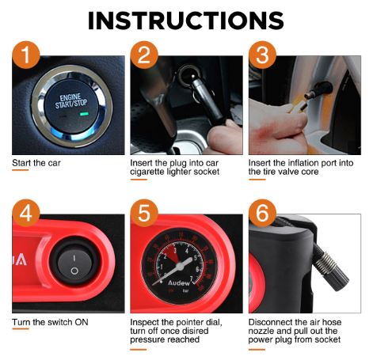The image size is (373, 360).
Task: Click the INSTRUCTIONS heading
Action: [x=186, y=21]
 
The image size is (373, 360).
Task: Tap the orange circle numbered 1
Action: [x=26, y=55]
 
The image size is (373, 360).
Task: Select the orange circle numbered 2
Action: [x=144, y=55]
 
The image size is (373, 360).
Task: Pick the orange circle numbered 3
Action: [x=262, y=55]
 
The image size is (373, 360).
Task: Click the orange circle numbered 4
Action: [x=26, y=213]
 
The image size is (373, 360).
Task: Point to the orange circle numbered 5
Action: [x=144, y=213]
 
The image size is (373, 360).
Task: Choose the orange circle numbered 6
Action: [x=262, y=213]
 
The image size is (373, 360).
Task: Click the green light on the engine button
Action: [x=85, y=114]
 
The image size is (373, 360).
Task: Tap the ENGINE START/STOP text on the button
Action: [x=70, y=101]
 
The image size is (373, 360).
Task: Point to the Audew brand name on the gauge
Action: [x=179, y=282]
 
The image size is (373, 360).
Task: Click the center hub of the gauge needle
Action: [x=180, y=266]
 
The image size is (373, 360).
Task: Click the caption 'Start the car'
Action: [x=36, y=163]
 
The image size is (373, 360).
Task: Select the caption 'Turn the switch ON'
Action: [x=50, y=322]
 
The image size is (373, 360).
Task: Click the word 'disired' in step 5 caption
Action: [x=194, y=331]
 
